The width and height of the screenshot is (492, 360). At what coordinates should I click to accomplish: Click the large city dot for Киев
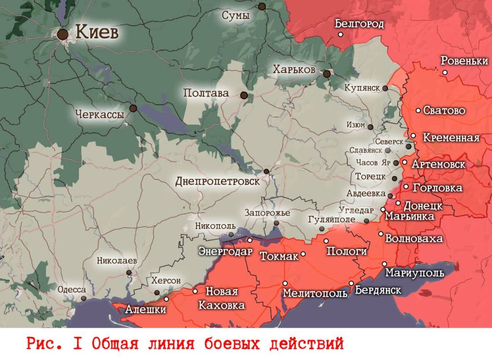point(62,34)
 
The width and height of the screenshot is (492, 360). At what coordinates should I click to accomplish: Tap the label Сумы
point(235,16)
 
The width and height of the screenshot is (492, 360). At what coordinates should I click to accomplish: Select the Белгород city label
point(359,24)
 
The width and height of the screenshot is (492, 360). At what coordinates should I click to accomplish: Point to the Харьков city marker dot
point(327,74)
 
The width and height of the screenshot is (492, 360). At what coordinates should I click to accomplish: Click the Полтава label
point(206,93)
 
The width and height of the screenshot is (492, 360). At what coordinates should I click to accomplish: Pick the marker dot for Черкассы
point(133,108)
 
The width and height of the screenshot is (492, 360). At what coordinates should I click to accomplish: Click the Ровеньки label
point(464,61)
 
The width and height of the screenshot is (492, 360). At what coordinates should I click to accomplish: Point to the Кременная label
point(451,138)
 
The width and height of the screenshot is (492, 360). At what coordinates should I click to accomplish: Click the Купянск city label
point(363,88)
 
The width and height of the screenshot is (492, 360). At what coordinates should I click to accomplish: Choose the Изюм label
point(356,125)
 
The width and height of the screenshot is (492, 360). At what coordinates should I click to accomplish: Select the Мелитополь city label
point(315,293)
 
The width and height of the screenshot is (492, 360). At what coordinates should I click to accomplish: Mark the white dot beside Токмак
point(303,254)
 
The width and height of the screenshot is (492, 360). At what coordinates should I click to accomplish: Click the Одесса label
point(72,290)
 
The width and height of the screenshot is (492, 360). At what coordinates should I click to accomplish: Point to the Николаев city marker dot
point(129,273)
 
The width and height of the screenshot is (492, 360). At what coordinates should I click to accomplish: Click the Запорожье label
point(267,213)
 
